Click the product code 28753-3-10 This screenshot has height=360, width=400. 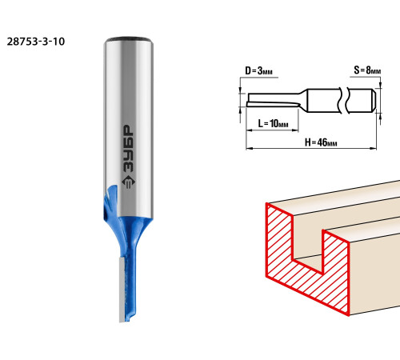coord(36,42)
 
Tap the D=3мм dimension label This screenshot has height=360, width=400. coord(258,71)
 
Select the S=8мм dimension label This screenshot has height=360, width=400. coord(367,70)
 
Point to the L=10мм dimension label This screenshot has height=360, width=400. coord(273,123)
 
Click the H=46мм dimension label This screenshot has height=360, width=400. coord(321,142)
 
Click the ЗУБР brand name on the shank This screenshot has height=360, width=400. coord(129,148)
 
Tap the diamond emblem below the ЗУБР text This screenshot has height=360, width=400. coord(129,182)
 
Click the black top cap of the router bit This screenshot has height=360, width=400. coord(129,39)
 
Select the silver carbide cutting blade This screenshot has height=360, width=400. coord(122,290)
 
